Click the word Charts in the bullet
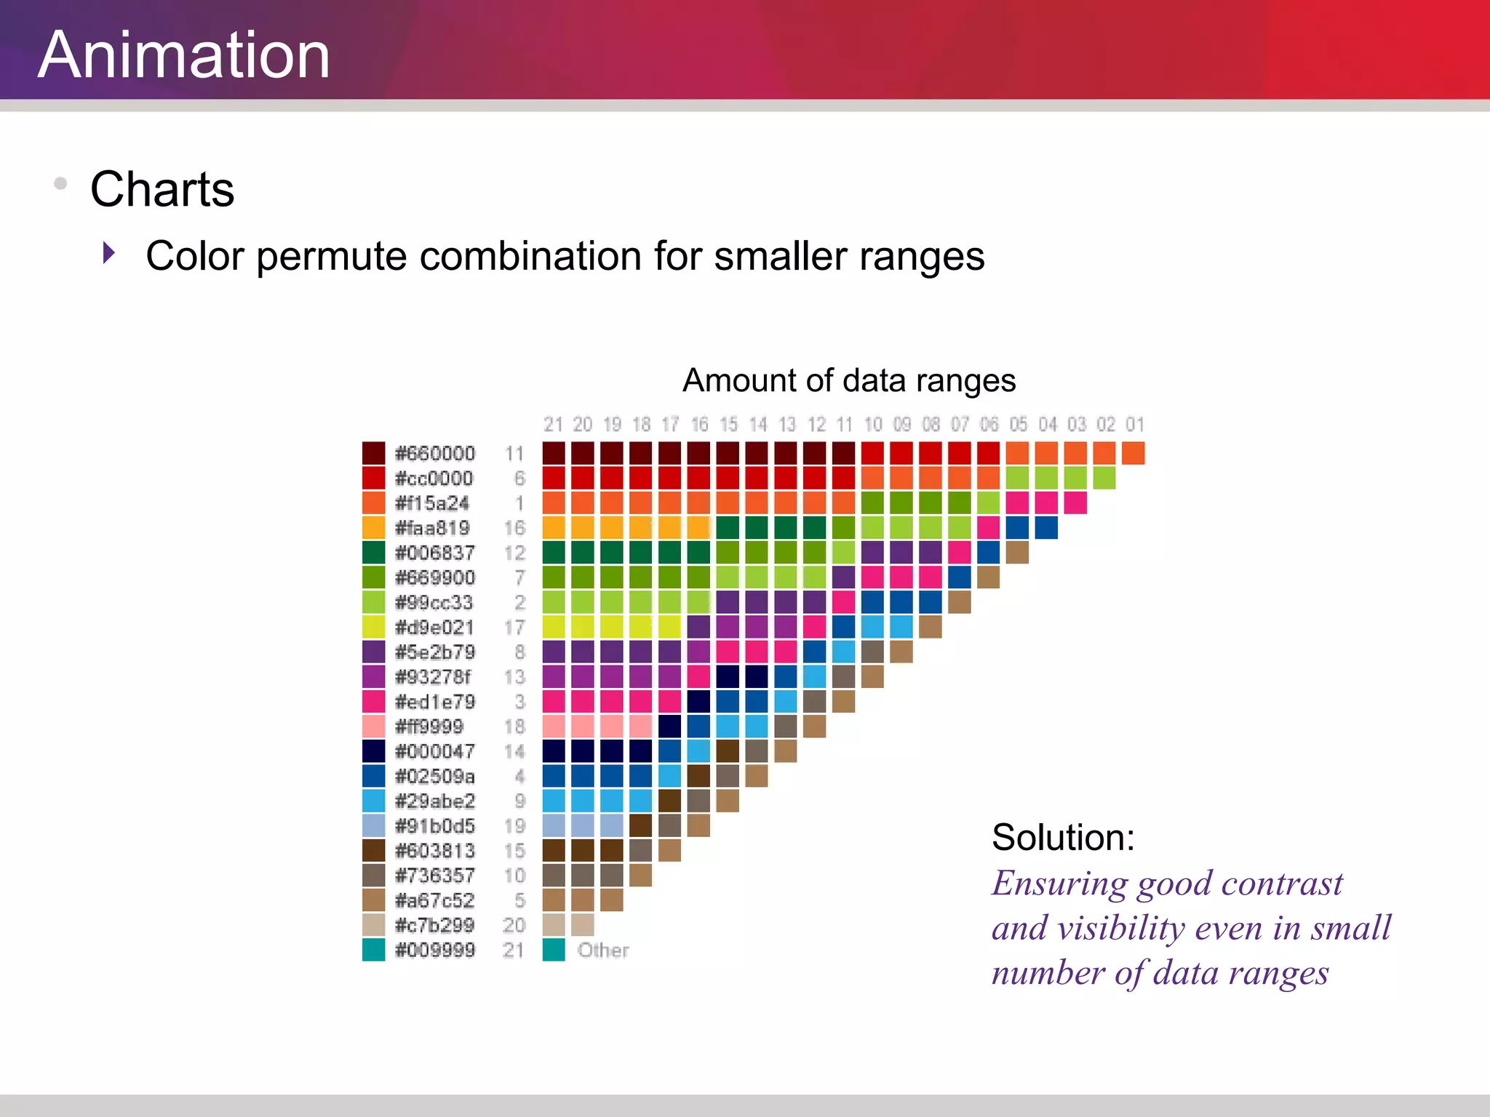(x=162, y=189)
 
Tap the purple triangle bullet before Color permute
(x=109, y=253)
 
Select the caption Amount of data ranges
(x=848, y=380)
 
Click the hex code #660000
(x=434, y=454)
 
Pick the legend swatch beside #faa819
(x=373, y=528)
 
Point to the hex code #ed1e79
(x=434, y=702)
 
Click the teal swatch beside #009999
(x=373, y=950)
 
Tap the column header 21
(x=553, y=424)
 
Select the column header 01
(x=1134, y=424)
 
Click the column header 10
(x=872, y=424)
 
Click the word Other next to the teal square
(x=603, y=950)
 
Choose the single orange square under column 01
(x=1133, y=453)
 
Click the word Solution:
(x=1063, y=837)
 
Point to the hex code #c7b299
(x=434, y=925)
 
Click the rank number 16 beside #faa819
(x=514, y=528)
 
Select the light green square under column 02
(x=1104, y=478)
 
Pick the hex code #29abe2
(x=434, y=801)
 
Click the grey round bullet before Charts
(x=61, y=183)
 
